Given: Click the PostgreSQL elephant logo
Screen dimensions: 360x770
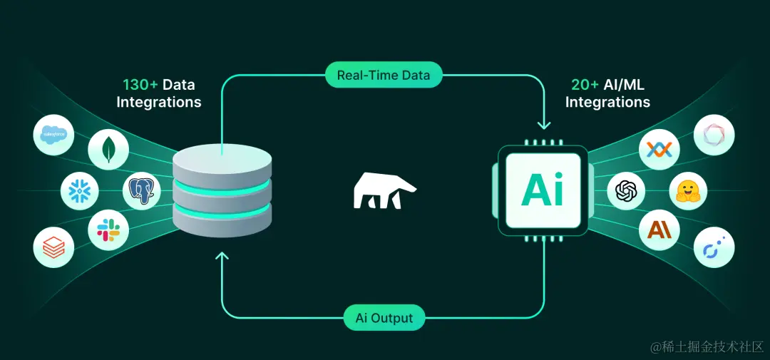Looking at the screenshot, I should click(x=143, y=190).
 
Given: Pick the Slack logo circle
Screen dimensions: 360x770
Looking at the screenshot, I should click(x=108, y=230).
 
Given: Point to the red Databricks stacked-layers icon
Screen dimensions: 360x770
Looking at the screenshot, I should click(x=54, y=247).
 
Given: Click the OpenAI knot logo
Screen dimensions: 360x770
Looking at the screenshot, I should click(x=626, y=190).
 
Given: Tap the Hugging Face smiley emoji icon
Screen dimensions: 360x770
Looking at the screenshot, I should click(x=687, y=190).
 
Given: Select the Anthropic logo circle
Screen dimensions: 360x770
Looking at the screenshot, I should click(x=659, y=230).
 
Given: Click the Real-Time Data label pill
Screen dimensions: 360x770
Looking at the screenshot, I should click(x=384, y=74).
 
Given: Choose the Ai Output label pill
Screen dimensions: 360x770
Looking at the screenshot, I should click(x=384, y=317).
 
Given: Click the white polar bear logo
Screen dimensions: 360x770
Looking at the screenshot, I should click(x=384, y=191).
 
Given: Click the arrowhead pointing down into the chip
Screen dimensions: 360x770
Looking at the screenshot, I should click(x=545, y=125).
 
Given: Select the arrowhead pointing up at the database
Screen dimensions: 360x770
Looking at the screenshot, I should click(x=222, y=256).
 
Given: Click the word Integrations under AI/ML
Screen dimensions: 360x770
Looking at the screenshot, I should click(x=607, y=102).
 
